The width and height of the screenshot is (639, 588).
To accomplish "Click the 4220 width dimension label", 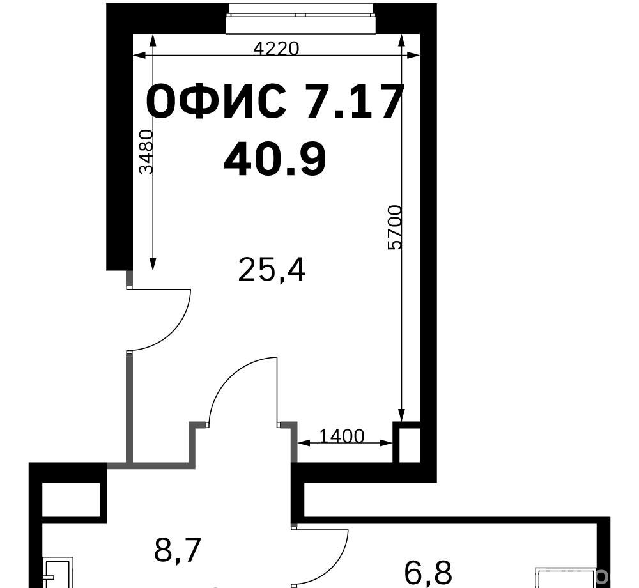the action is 276,49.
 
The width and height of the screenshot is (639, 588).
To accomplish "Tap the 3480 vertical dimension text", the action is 146,151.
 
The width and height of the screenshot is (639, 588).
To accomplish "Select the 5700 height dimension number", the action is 395,227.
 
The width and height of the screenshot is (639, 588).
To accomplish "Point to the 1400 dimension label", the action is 341,436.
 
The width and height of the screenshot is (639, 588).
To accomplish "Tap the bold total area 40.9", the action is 275,159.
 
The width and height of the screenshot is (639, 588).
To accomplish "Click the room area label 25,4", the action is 272,269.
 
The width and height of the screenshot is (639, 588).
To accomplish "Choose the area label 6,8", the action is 428,573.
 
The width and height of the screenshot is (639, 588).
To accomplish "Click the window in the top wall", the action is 301,18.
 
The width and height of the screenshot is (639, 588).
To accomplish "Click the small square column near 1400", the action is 406,442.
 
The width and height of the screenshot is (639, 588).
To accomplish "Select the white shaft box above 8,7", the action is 72,500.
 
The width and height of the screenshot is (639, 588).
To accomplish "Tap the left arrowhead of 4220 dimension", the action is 139,56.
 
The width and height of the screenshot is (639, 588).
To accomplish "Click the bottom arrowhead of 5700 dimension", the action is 401,415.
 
